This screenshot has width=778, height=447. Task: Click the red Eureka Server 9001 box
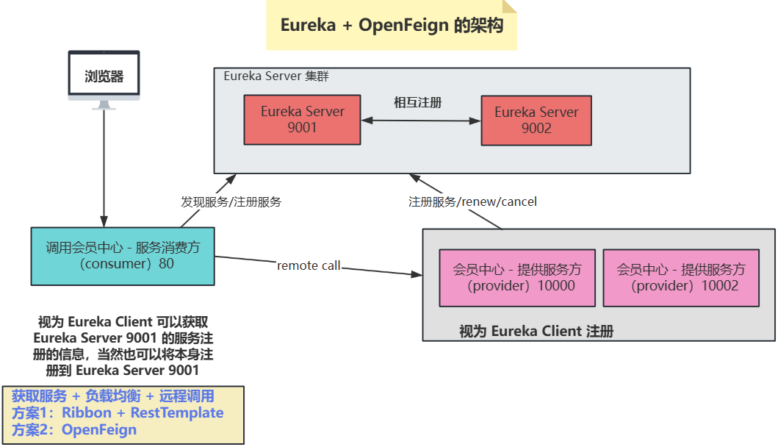pyautogui.click(x=302, y=120)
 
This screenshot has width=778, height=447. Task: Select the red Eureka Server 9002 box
pyautogui.click(x=536, y=120)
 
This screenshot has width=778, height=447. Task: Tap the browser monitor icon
pyautogui.click(x=104, y=79)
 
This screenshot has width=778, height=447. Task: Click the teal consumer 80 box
pyautogui.click(x=123, y=257)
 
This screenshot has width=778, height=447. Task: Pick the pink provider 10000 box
pyautogui.click(x=517, y=278)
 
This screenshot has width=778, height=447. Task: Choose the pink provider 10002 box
pyautogui.click(x=681, y=278)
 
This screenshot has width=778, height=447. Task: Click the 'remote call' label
pyautogui.click(x=309, y=265)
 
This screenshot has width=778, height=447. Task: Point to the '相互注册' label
pyautogui.click(x=418, y=102)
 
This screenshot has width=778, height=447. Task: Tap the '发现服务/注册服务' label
pyautogui.click(x=231, y=201)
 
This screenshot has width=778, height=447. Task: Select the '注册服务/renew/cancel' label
pyautogui.click(x=472, y=201)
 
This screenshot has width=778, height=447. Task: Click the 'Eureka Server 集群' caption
pyautogui.click(x=276, y=76)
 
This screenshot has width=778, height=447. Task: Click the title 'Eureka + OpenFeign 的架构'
pyautogui.click(x=392, y=25)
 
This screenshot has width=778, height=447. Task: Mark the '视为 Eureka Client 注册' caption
pyautogui.click(x=536, y=332)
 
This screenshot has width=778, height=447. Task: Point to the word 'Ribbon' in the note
pyautogui.click(x=87, y=412)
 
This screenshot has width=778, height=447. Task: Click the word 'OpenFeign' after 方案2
pyautogui.click(x=99, y=429)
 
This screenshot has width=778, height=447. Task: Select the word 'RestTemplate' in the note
pyautogui.click(x=177, y=412)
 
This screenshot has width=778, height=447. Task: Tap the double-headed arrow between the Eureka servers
pyautogui.click(x=421, y=120)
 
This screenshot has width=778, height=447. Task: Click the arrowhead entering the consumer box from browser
pyautogui.click(x=104, y=221)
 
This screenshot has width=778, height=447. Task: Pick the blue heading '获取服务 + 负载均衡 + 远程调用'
pyautogui.click(x=113, y=396)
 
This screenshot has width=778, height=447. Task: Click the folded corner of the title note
pyautogui.click(x=509, y=6)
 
